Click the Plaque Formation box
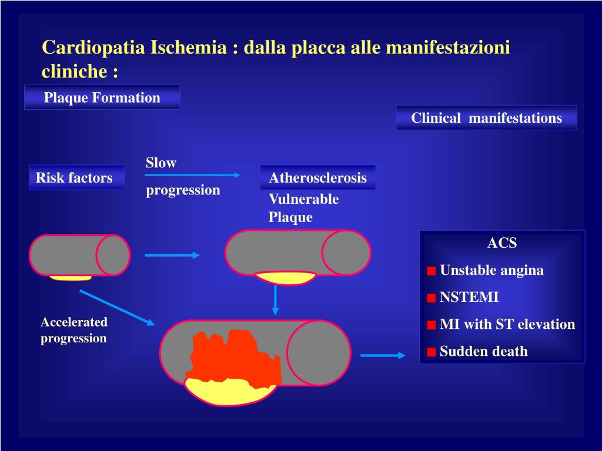pyautogui.click(x=102, y=97)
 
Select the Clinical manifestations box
pyautogui.click(x=486, y=118)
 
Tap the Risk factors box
pyautogui.click(x=76, y=177)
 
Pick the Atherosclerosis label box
pyautogui.click(x=317, y=177)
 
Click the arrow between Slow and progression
pyautogui.click(x=193, y=174)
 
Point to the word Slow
pyautogui.click(x=161, y=163)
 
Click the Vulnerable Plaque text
pyautogui.click(x=303, y=208)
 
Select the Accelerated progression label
pyautogui.click(x=74, y=329)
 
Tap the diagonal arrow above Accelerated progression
pyautogui.click(x=116, y=307)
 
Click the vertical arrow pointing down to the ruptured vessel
pyautogui.click(x=275, y=299)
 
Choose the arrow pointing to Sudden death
pyautogui.click(x=383, y=355)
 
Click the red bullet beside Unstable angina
pyautogui.click(x=432, y=271)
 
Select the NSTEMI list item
pyautogui.click(x=469, y=297)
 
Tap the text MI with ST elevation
pyautogui.click(x=507, y=324)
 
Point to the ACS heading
pyautogui.click(x=502, y=243)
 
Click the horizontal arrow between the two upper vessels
pyautogui.click(x=172, y=255)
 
